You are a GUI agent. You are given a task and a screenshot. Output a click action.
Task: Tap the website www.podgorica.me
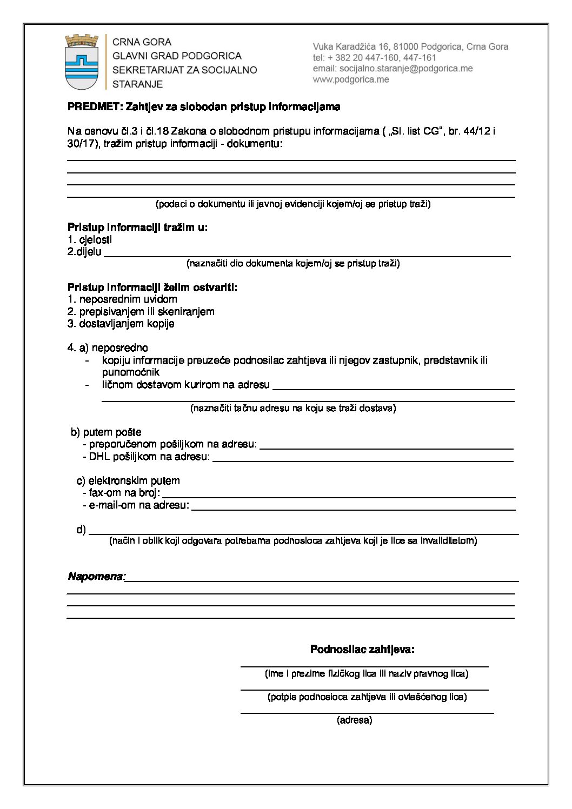[x=350, y=79]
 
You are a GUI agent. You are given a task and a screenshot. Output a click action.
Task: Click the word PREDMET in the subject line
[x=95, y=107]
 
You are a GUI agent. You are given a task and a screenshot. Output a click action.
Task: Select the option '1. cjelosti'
[x=90, y=240]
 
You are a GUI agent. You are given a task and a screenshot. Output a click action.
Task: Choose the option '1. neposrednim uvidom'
[x=122, y=299]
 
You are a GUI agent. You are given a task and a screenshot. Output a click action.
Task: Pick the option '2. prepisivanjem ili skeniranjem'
[x=141, y=312]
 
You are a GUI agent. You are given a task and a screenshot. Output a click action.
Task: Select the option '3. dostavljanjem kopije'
[x=121, y=324]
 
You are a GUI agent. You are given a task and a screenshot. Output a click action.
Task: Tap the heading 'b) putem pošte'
[x=106, y=432]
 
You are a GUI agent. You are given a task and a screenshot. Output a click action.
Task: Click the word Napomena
[x=96, y=577]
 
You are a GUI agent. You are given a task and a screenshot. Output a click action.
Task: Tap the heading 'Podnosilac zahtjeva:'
[x=362, y=650]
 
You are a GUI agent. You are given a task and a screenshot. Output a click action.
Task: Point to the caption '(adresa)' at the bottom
[x=355, y=720]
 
